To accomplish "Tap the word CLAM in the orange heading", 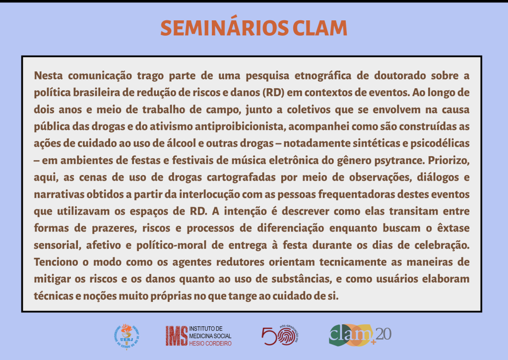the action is [320, 28].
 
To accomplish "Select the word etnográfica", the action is [322, 76].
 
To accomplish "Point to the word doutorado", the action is [400, 75].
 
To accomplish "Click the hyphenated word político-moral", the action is [171, 245].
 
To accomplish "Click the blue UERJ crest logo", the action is [127, 337].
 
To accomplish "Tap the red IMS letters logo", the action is [177, 336].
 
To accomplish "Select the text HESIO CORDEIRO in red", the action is [210, 344].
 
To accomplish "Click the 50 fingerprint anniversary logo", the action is [280, 335].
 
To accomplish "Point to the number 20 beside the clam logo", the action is [383, 334].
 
